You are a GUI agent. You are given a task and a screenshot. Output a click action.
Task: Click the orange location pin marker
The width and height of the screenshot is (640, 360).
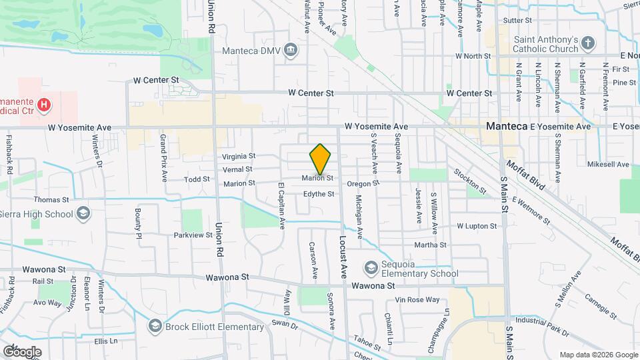coord(321,159)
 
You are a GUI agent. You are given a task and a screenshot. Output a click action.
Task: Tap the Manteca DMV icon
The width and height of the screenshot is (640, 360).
coord(291,50)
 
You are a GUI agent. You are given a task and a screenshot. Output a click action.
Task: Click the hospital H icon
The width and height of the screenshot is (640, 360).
coord(44,105)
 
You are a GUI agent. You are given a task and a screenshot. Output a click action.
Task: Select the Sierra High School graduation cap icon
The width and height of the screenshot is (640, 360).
coord(84,213)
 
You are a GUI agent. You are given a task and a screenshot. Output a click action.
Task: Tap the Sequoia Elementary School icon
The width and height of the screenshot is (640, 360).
coord(371,267)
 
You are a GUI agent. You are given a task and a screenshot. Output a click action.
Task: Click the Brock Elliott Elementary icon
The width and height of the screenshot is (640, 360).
coord(155,326)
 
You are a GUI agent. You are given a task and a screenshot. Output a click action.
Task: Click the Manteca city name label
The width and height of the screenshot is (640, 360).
coord(508,125)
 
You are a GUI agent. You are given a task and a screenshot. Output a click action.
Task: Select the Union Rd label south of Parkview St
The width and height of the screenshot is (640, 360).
coord(218,240)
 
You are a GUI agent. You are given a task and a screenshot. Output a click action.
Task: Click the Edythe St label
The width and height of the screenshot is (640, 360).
coord(318,194)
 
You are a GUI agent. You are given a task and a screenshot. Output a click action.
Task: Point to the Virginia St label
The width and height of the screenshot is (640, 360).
coord(239,156)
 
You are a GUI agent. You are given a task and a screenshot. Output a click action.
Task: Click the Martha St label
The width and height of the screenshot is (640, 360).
coord(430,245)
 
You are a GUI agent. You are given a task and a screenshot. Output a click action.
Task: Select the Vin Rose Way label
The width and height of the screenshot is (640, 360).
coord(417,300)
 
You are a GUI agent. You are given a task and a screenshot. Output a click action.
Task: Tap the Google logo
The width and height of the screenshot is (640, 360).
coord(22,351)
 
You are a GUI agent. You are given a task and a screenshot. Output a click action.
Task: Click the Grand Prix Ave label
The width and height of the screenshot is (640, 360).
coord(163,158)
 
